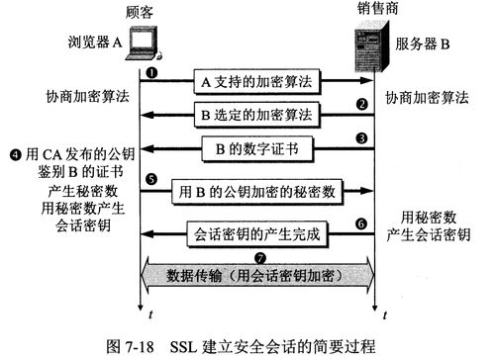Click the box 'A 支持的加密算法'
pyautogui.click(x=256, y=81)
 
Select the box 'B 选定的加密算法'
pyautogui.click(x=256, y=116)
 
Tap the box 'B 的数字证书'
pyautogui.click(x=256, y=150)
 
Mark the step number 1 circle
pyautogui.click(x=152, y=73)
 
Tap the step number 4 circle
pyautogui.click(x=15, y=154)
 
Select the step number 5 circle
pyautogui.click(x=151, y=179)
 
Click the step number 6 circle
pyautogui.click(x=362, y=224)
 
